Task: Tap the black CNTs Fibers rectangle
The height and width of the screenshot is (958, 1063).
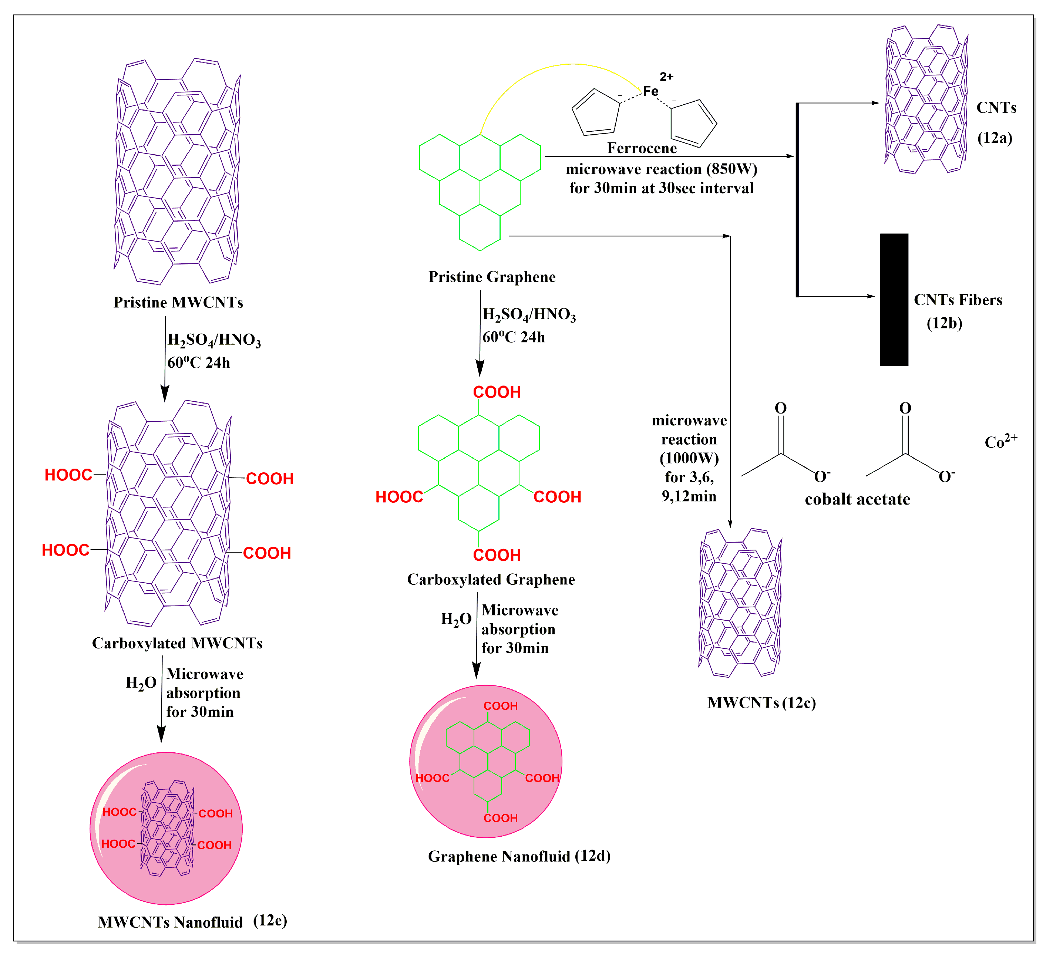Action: (894, 300)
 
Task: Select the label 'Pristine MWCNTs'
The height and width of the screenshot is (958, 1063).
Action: (178, 302)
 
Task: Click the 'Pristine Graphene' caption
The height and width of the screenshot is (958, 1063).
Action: (491, 277)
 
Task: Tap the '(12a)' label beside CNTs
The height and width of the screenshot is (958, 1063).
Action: (994, 138)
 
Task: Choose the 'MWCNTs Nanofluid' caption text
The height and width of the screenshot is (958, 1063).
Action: (170, 922)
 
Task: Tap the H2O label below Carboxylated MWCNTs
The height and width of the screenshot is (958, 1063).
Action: (141, 683)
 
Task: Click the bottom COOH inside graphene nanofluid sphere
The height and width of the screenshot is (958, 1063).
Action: (500, 817)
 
